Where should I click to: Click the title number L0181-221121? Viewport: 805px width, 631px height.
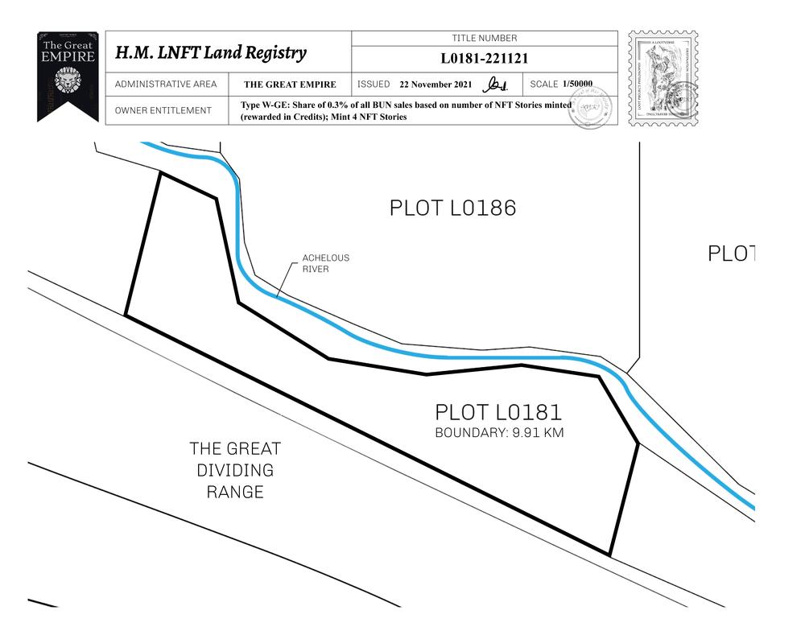click(x=484, y=59)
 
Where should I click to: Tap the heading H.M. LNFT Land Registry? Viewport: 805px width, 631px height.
click(x=211, y=53)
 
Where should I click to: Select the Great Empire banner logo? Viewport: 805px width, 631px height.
click(x=68, y=76)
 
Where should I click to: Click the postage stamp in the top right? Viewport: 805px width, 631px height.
click(x=663, y=78)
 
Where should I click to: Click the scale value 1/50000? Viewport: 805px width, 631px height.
click(x=577, y=85)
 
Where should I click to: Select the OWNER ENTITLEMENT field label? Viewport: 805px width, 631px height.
click(x=163, y=111)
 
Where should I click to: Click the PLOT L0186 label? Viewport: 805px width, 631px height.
click(x=452, y=208)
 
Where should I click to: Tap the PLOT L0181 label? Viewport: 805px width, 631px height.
click(x=498, y=413)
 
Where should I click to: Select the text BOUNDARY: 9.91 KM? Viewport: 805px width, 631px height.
click(x=499, y=433)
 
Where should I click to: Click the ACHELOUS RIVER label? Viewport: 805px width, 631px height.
click(x=325, y=263)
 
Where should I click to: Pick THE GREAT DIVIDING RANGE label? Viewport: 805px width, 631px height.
click(x=235, y=470)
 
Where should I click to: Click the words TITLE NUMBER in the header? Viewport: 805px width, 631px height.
click(x=485, y=39)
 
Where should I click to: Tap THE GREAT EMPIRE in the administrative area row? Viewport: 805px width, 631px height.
click(x=290, y=85)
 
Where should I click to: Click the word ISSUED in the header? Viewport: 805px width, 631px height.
click(x=374, y=85)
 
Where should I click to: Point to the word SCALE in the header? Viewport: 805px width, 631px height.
click(x=544, y=85)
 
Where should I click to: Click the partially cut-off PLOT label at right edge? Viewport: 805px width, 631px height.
click(x=731, y=254)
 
